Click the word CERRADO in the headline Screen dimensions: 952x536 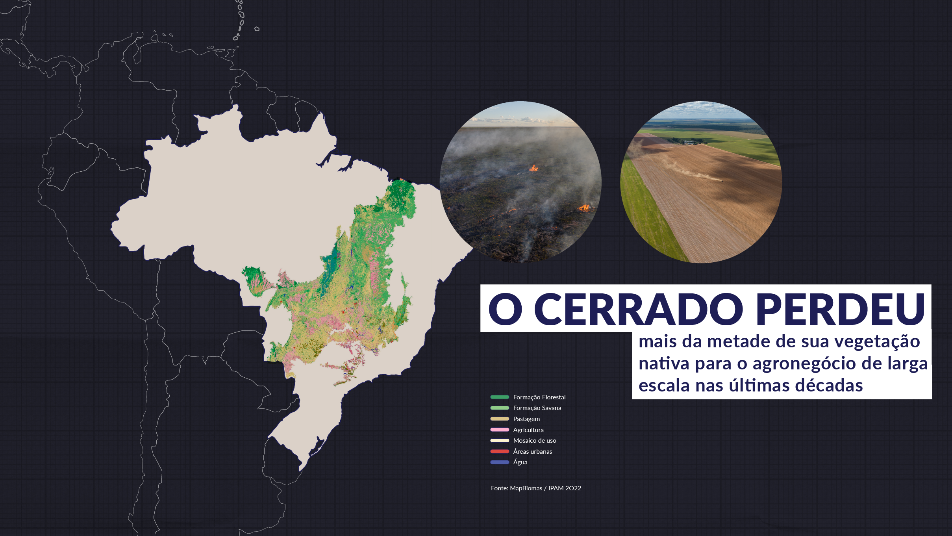tap(638, 309)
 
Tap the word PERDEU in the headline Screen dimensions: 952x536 tap(841, 309)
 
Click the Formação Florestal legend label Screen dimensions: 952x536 tap(539, 397)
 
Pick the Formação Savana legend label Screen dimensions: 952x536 tap(537, 408)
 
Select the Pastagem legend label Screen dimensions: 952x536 tap(526, 419)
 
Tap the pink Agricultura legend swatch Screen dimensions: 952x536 tap(500, 430)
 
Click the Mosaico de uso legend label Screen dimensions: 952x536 tap(535, 441)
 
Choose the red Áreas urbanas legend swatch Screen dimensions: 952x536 tap(500, 451)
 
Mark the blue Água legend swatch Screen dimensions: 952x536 tap(500, 462)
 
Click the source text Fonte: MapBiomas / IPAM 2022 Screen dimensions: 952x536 tap(536, 488)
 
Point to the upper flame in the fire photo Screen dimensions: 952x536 tap(533, 169)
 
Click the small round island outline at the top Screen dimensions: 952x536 tap(257, 29)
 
